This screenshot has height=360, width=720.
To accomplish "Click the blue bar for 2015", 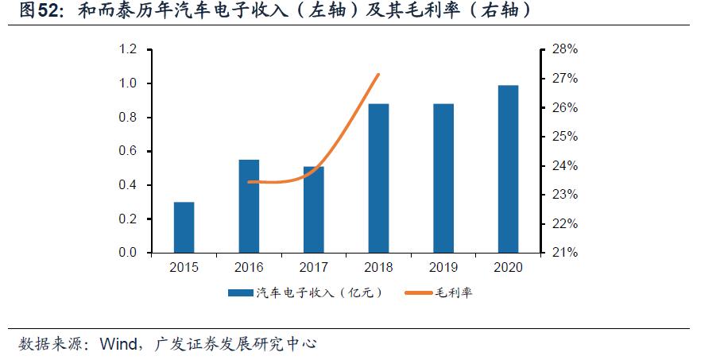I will [184, 227].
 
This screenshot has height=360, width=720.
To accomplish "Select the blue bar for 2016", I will [249, 207].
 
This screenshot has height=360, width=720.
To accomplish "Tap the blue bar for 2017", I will [314, 210].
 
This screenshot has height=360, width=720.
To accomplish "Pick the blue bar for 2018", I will [378, 178].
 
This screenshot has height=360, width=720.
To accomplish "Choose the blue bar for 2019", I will [443, 178].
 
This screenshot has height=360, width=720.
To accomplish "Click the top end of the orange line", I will [379, 75].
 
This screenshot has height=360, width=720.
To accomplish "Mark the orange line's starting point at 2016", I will [250, 182].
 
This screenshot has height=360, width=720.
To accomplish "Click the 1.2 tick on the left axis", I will [127, 49].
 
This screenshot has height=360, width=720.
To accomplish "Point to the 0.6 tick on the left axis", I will [127, 151].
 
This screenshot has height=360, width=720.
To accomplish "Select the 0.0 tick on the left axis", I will [127, 253].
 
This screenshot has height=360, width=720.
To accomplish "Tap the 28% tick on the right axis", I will [563, 49].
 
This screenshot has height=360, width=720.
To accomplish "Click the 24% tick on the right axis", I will [563, 166].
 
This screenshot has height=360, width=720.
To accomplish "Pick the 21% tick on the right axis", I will [563, 253].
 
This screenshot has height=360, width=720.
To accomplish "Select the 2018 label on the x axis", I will [378, 268].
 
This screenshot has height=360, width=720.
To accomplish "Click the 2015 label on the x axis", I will [184, 268].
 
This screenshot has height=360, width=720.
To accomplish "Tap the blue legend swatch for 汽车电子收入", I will [240, 293].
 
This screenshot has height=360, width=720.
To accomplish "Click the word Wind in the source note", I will [117, 344].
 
